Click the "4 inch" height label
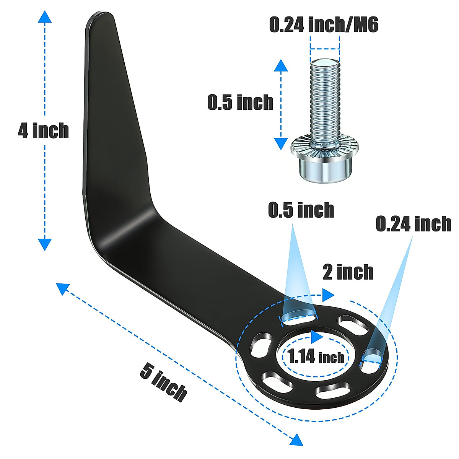point(43,131)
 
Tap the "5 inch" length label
point(163,382)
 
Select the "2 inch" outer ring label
point(348,272)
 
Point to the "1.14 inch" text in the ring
point(316,357)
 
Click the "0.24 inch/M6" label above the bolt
point(324,25)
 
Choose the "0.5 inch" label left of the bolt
point(240,103)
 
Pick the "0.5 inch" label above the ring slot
point(301,210)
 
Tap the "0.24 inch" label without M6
point(413,224)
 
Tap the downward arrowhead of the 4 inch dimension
point(45,244)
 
